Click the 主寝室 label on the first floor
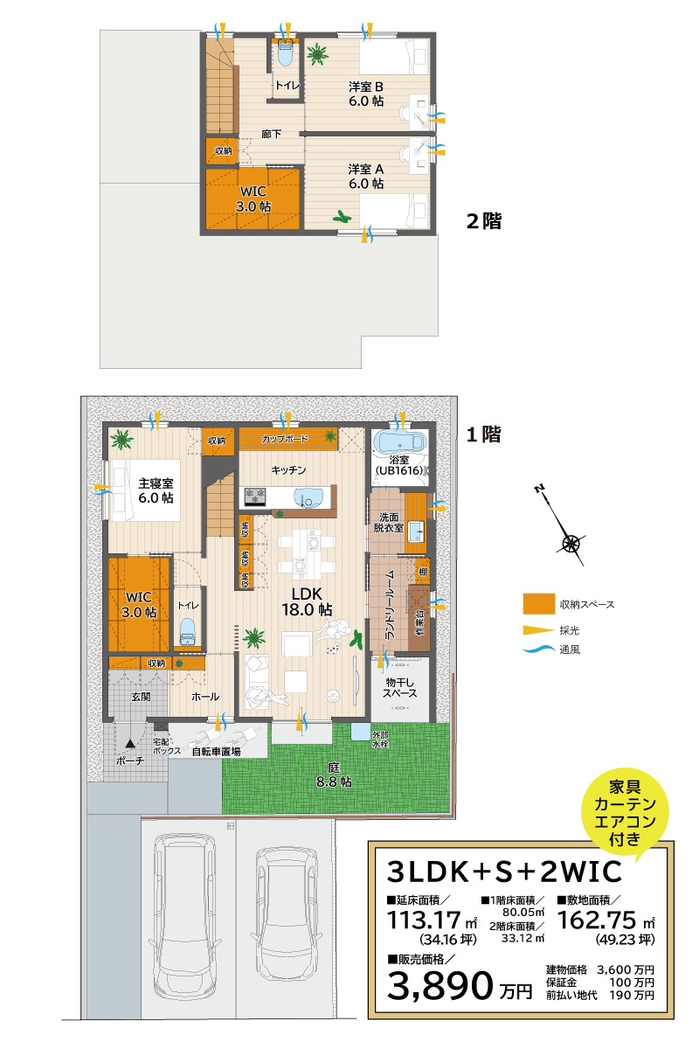[x=156, y=490]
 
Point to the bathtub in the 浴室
[x=398, y=443]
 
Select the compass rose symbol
[x=571, y=543]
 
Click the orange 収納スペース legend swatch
[x=539, y=604]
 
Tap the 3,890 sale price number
[x=441, y=985]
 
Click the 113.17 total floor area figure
[x=423, y=920]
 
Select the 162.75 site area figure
[x=598, y=920]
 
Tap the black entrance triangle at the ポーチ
[x=129, y=744]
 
